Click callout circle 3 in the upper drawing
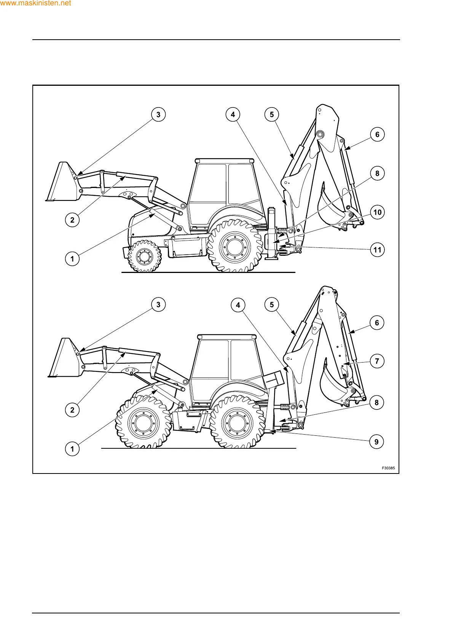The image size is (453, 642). point(158,114)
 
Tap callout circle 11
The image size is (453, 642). point(377,250)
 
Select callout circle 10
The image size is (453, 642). point(377,212)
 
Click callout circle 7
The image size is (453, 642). point(377,361)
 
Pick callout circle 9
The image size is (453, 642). point(376,442)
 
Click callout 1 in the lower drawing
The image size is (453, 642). point(72,449)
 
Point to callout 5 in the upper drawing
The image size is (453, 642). point(272,114)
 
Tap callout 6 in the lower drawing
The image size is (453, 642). point(377,323)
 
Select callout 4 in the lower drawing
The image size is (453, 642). point(238,305)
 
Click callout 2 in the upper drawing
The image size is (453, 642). point(72,220)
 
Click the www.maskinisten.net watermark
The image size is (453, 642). point(35,3)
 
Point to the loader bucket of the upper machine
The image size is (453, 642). point(61,183)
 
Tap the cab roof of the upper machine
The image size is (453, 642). point(225,160)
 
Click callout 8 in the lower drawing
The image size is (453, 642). point(376,403)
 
